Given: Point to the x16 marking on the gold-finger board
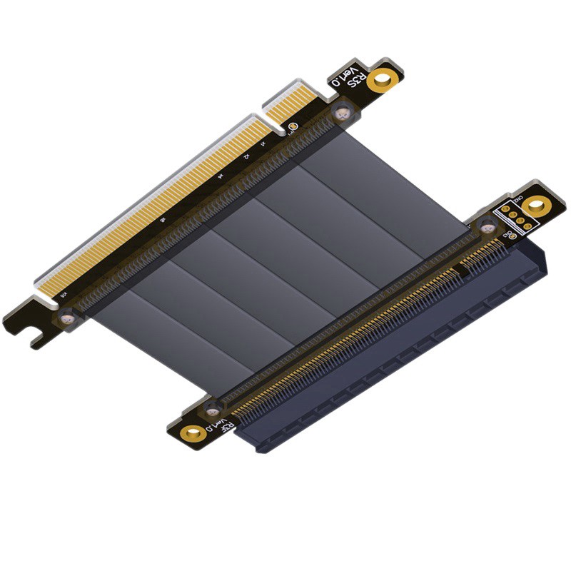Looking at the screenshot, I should tap(65, 293).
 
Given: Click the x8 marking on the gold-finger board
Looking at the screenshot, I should tap(163, 221).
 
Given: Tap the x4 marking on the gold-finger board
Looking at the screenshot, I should tap(222, 176).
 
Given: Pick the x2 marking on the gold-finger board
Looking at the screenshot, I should tap(246, 157).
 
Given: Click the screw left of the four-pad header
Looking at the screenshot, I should tap(487, 227).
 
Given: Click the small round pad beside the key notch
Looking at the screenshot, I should tap(293, 128).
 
